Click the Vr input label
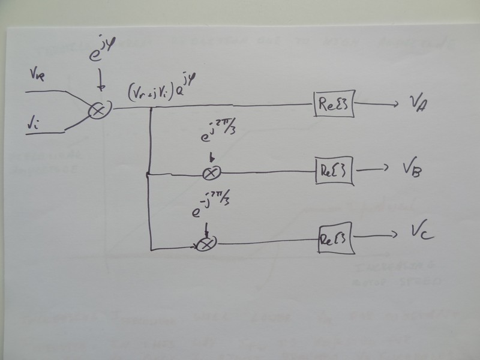(37, 76)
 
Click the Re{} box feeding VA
(334, 106)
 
